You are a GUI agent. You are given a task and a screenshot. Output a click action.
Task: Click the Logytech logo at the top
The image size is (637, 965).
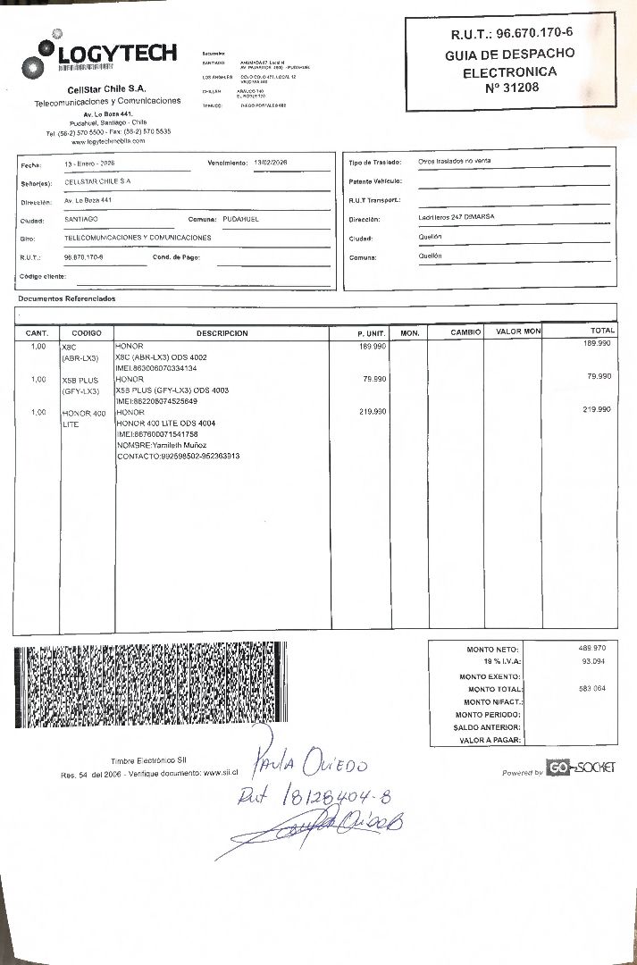[x=100, y=55]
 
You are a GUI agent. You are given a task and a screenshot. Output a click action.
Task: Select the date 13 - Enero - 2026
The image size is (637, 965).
[x=89, y=164]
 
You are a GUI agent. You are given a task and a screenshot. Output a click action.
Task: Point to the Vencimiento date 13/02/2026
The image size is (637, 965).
[x=277, y=163]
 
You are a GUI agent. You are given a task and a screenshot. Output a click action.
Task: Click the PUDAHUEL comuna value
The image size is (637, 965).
[x=240, y=219]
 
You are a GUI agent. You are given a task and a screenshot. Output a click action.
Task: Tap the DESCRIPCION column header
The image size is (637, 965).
[x=222, y=333]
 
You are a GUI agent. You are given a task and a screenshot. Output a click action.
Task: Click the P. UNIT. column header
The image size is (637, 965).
[x=371, y=333]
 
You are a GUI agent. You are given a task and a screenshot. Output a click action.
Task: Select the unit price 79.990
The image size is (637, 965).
[x=373, y=379]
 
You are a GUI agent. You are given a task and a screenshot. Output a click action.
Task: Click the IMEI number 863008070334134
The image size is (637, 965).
[x=156, y=368]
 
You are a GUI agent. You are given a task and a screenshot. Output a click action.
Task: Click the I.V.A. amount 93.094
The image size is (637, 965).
[x=593, y=661]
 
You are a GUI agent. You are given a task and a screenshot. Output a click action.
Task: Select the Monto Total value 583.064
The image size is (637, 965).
[x=591, y=688]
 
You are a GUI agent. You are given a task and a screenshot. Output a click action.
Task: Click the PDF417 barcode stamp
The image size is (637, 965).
[x=150, y=685]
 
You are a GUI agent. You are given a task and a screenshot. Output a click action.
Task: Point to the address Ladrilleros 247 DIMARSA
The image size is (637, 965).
[x=457, y=217]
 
